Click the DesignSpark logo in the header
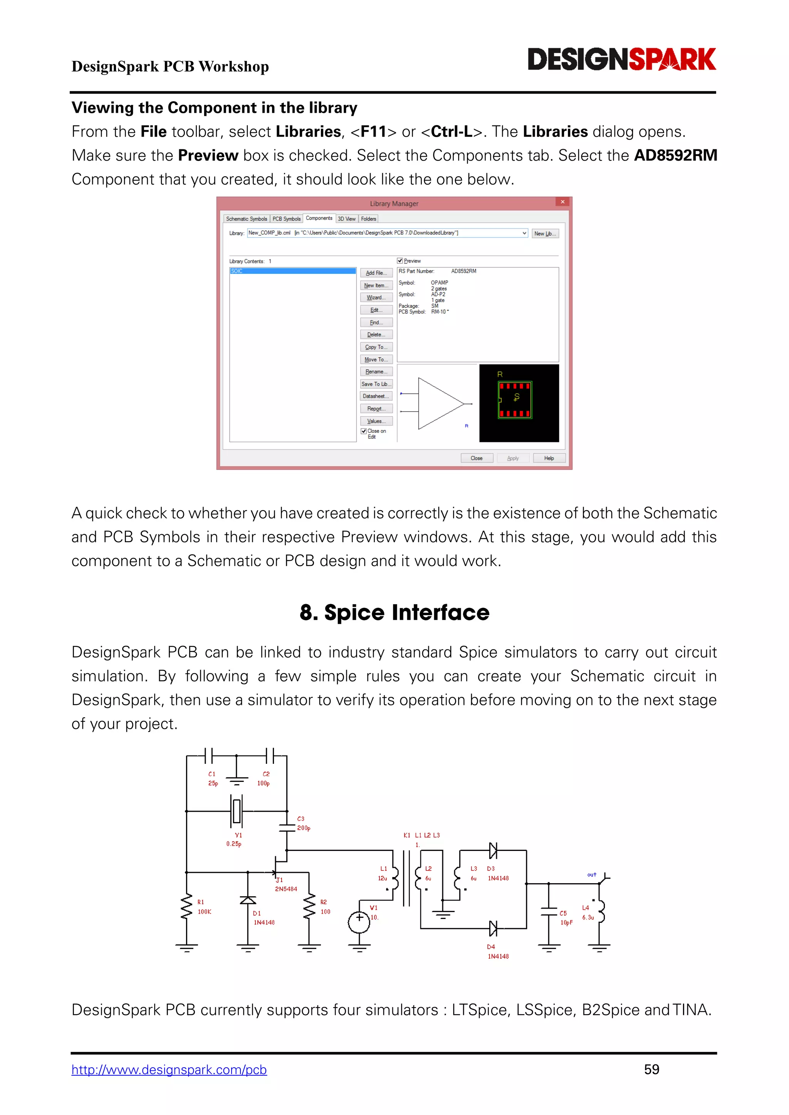[621, 59]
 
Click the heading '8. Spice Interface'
[394, 613]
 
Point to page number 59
[651, 1069]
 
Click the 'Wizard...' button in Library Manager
[376, 298]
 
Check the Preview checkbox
[400, 261]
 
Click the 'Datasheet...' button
[376, 396]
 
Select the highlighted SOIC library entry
[292, 271]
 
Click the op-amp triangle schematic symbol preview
[440, 403]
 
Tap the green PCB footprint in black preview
[515, 400]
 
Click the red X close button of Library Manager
[562, 202]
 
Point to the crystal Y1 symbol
[237, 810]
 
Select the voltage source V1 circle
[359, 922]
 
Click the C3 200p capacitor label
[303, 824]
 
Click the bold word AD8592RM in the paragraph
[675, 156]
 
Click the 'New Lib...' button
[545, 234]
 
